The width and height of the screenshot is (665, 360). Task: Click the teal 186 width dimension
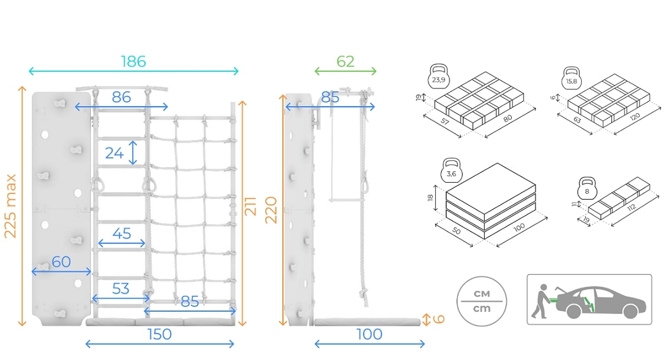[x=134, y=61]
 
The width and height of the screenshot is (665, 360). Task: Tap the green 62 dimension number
[x=345, y=61]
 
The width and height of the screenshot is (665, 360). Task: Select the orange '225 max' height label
[x=10, y=206]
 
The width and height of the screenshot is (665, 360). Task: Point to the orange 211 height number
[x=250, y=206]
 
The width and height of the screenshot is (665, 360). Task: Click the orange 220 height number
[x=271, y=210]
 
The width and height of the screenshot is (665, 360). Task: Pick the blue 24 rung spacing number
[x=114, y=153]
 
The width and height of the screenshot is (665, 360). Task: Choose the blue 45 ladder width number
[x=121, y=234]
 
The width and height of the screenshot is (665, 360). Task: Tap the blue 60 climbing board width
[x=61, y=262]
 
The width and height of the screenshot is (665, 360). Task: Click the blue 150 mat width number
[x=159, y=334]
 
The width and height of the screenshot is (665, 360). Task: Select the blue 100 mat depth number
[x=370, y=334]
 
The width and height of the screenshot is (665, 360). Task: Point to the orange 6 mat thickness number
[x=439, y=319]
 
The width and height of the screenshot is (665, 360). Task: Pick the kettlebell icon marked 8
[x=587, y=189]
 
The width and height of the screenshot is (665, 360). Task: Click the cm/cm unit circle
[x=482, y=301]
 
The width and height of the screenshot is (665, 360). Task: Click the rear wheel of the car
[x=574, y=311]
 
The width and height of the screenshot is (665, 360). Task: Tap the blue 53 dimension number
[x=121, y=288]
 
